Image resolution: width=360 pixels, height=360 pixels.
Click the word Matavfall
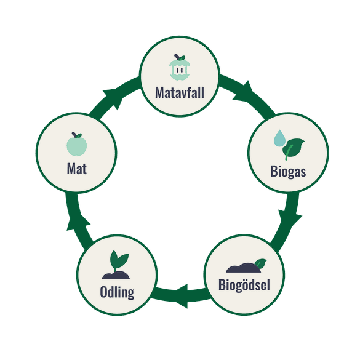coord(180,92)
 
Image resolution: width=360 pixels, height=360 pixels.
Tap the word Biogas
coord(288,171)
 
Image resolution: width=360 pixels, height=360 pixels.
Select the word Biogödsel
coord(244,285)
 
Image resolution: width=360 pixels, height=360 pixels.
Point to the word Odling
coord(117,292)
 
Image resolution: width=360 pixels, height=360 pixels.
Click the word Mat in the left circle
coord(77,169)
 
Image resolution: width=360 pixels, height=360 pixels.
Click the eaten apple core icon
coord(180,67)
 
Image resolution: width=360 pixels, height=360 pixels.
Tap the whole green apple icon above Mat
coord(77,144)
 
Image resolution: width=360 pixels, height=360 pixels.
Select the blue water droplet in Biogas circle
coord(279,138)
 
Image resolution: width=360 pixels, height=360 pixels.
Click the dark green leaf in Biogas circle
coord(293,149)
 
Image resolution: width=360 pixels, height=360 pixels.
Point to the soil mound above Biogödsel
coord(243,268)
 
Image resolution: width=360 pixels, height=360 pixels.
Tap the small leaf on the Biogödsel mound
coord(260,263)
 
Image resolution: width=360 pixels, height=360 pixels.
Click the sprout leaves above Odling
coord(119,260)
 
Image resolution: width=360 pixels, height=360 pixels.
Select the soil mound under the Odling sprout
coord(116,275)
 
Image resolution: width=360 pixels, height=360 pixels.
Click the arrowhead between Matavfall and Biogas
coord(244,92)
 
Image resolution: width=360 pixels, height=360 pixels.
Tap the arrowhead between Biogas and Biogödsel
coord(289,218)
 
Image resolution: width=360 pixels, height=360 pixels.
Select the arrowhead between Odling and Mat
coord(77,222)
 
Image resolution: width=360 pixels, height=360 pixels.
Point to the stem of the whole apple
coord(74,135)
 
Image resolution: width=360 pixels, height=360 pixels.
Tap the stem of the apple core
coord(177,57)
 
